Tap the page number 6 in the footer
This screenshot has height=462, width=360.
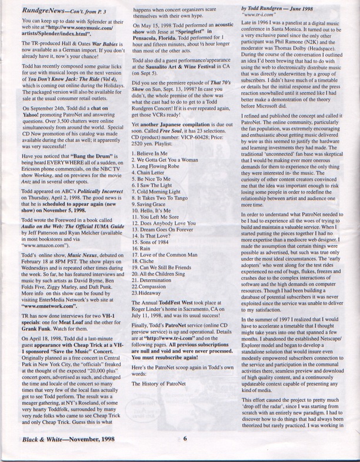184,453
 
